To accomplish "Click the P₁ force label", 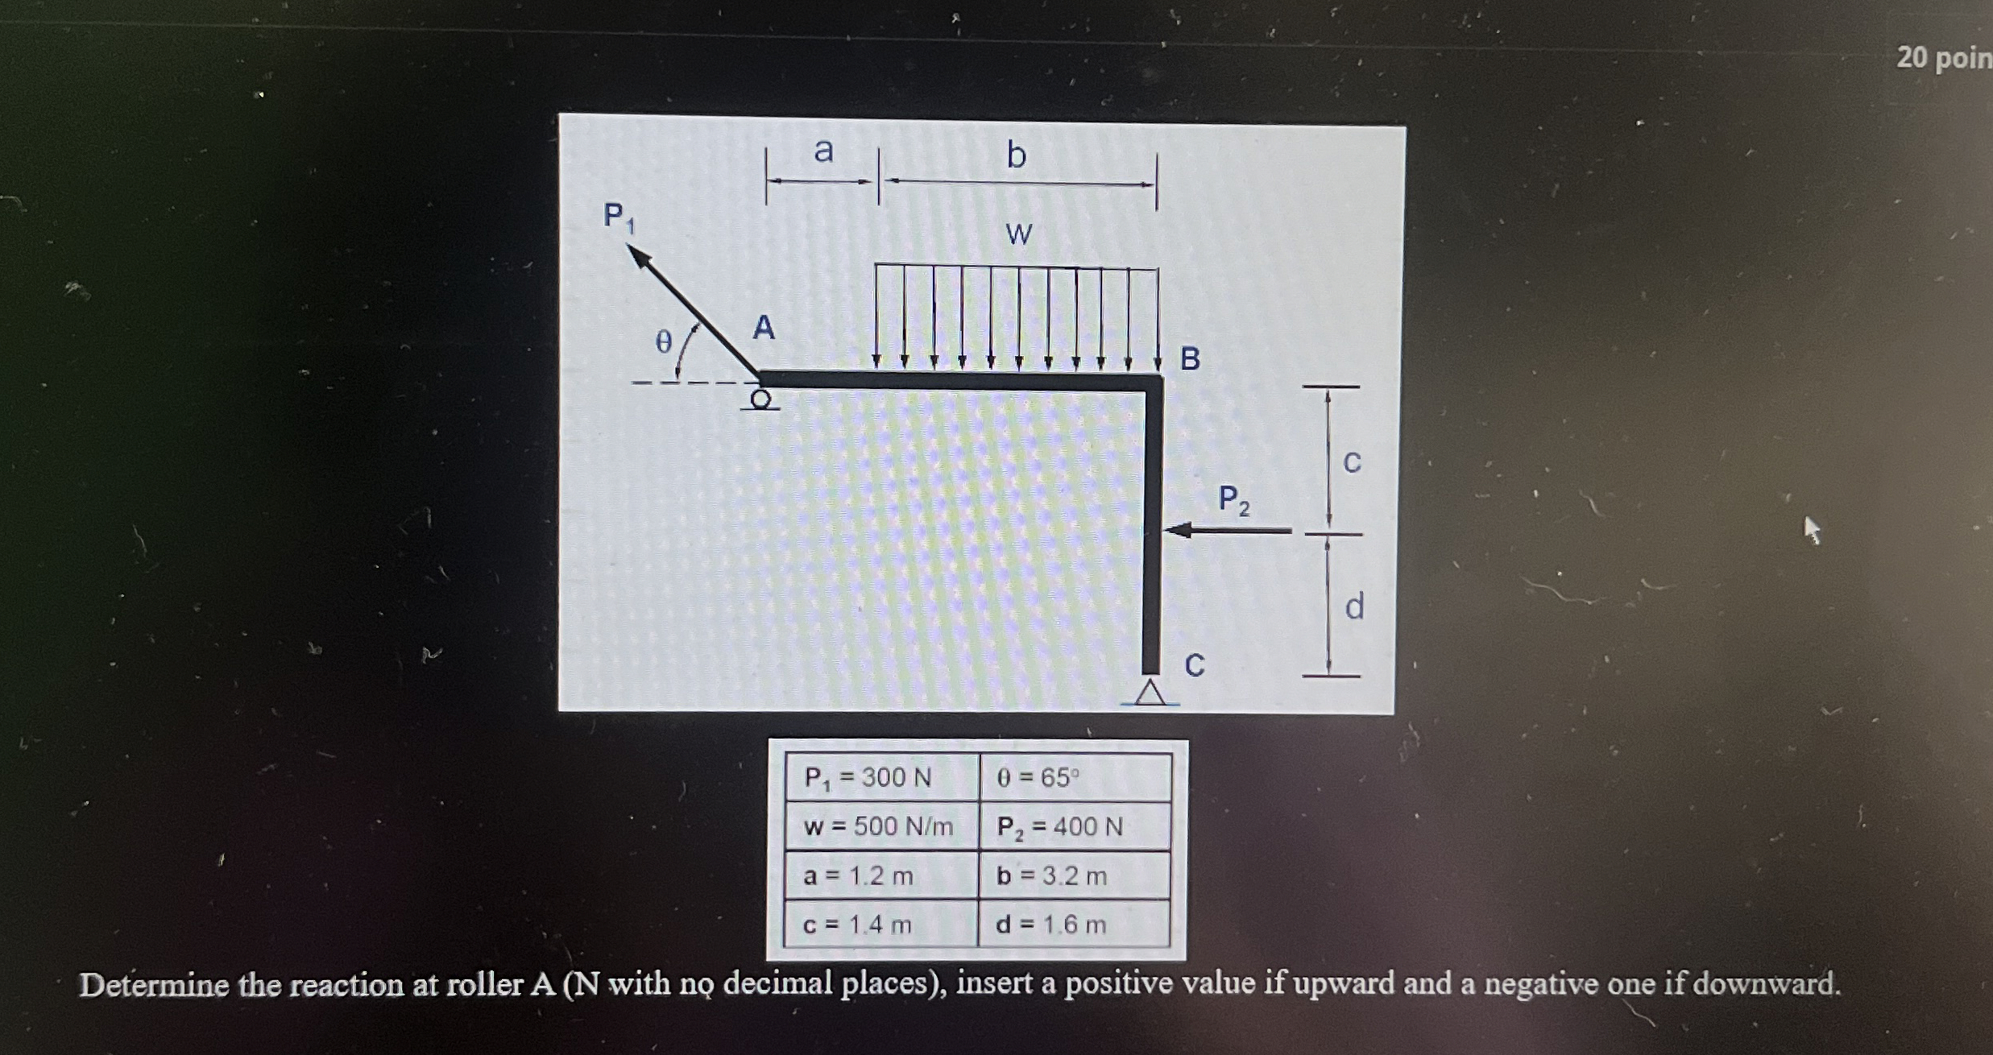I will click(x=618, y=217).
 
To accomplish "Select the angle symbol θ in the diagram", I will click(x=662, y=341).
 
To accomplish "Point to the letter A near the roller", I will click(x=764, y=329).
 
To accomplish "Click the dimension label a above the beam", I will click(x=823, y=151).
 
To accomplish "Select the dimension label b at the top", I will click(x=1017, y=154).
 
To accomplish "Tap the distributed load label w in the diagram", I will click(x=1018, y=234).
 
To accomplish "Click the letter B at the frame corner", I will click(x=1190, y=359).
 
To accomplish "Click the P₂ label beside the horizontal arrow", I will click(x=1233, y=499).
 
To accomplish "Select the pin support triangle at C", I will click(x=1150, y=693).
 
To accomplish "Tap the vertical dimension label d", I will click(x=1354, y=606).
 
